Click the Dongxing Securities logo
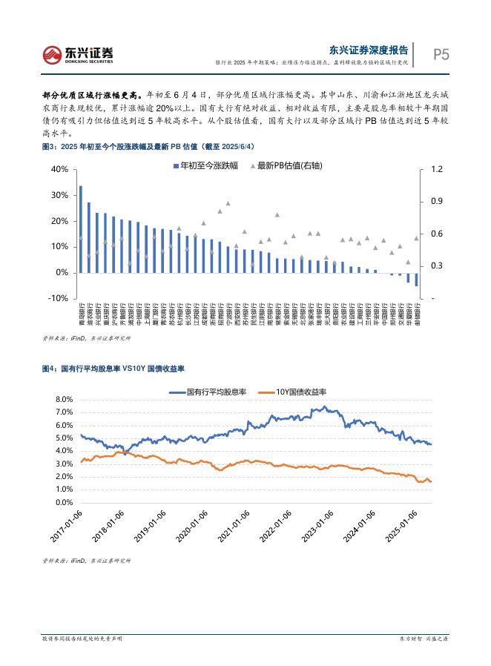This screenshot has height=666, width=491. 77,53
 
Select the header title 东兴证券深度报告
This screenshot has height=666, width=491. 369,50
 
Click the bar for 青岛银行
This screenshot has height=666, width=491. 81,229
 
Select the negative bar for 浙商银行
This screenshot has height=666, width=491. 416,280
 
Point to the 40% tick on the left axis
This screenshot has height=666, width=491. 59,170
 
